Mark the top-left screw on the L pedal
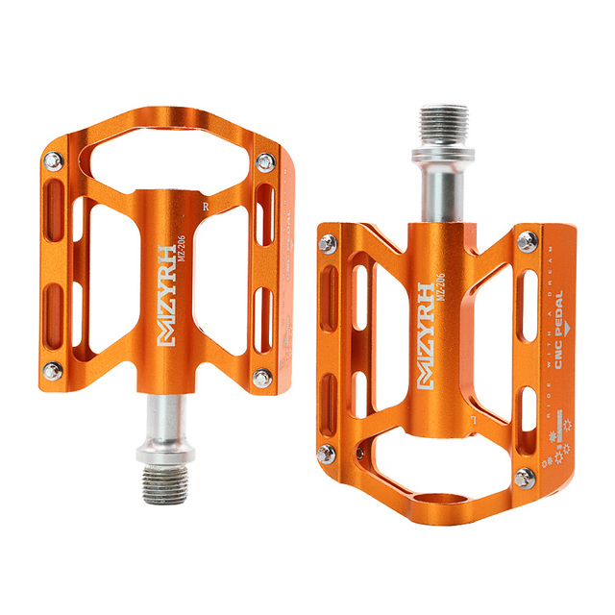[328, 242]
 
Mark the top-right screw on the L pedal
[528, 240]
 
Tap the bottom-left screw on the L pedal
[327, 453]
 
